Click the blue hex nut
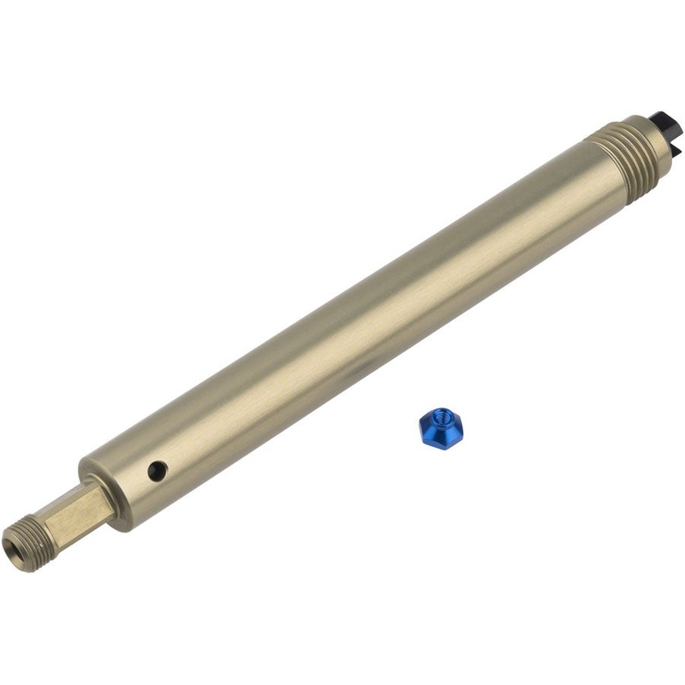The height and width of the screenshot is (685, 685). (441, 425)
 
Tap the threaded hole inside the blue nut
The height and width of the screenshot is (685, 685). (444, 419)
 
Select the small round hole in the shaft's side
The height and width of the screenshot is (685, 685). (157, 469)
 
